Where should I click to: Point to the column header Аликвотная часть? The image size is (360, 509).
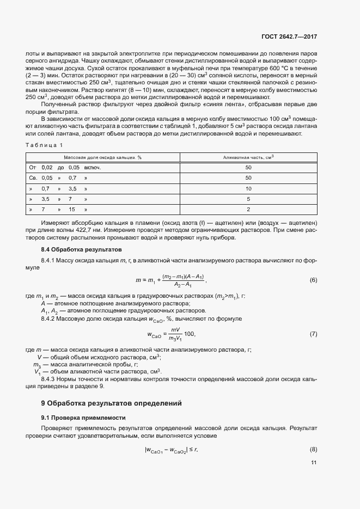(x=248, y=157)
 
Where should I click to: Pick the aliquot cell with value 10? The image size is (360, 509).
(x=248, y=188)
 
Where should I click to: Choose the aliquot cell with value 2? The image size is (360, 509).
(x=248, y=209)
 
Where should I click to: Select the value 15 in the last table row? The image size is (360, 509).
(x=71, y=209)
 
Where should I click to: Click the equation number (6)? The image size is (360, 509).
(x=313, y=280)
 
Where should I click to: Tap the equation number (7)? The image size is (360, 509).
(x=313, y=333)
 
